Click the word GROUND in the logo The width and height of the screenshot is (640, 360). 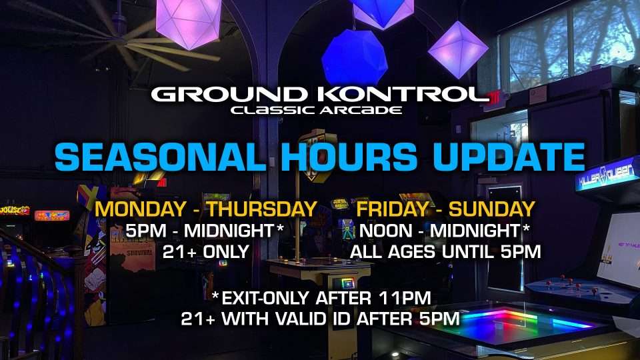[229, 94]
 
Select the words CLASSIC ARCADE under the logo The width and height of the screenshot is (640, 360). [316, 110]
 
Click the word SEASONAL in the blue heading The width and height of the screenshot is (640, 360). [161, 157]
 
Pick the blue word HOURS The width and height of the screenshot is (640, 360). [349, 157]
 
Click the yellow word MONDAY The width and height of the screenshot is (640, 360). [141, 209]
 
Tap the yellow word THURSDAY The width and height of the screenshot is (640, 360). [262, 209]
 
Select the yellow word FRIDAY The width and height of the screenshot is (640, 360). [392, 209]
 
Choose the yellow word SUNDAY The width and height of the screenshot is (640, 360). [491, 209]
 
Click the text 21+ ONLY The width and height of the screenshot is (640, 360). [206, 252]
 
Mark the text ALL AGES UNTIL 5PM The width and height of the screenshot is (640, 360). [445, 252]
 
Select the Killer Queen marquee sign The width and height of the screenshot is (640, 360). [607, 173]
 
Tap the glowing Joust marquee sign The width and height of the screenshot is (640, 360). [15, 211]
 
